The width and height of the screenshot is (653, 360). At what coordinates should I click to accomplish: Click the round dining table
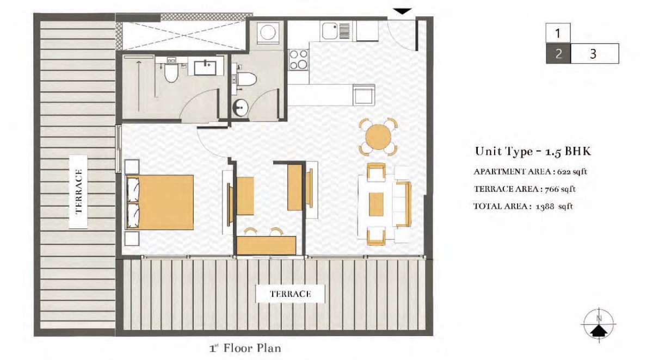[x=378, y=137]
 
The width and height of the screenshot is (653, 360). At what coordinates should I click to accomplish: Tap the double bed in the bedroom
[x=160, y=202]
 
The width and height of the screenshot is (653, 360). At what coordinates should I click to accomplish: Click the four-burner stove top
[x=299, y=59]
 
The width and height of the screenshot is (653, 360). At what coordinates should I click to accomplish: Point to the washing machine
[x=267, y=32]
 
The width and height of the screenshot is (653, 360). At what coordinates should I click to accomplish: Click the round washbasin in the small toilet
[x=240, y=108]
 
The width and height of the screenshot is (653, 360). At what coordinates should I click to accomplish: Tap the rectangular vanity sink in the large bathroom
[x=206, y=67]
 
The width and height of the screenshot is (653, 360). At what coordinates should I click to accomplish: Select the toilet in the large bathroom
[x=171, y=72]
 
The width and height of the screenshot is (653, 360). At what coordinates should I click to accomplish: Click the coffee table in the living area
[x=376, y=204]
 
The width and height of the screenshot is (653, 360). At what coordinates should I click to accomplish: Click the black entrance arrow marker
[x=402, y=11]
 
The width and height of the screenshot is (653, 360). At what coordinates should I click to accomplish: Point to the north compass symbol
[x=599, y=325]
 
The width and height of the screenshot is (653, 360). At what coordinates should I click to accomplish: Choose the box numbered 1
[x=558, y=33]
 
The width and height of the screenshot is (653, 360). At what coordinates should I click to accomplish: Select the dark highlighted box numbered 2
[x=558, y=54]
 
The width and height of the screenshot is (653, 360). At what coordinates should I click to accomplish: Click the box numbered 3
[x=595, y=54]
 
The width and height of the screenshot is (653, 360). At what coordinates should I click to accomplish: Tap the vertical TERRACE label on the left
[x=78, y=191]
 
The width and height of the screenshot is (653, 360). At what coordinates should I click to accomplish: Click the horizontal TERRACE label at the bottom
[x=291, y=294]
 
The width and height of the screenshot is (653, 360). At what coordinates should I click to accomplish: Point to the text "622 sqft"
[x=572, y=171]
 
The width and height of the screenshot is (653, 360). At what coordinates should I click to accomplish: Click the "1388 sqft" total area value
[x=554, y=207]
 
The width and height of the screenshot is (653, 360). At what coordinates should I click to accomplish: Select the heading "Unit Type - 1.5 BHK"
[x=533, y=152]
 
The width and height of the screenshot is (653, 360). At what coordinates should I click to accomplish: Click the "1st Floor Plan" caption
[x=245, y=348]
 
